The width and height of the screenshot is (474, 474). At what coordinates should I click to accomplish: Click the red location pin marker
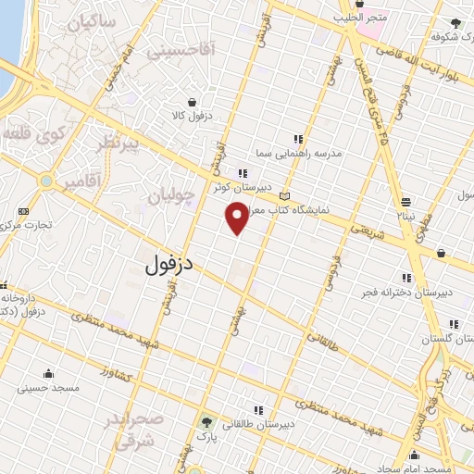238,218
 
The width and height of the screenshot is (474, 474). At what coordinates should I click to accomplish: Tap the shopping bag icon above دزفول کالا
192,103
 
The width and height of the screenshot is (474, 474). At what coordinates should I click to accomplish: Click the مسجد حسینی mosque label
48,389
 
